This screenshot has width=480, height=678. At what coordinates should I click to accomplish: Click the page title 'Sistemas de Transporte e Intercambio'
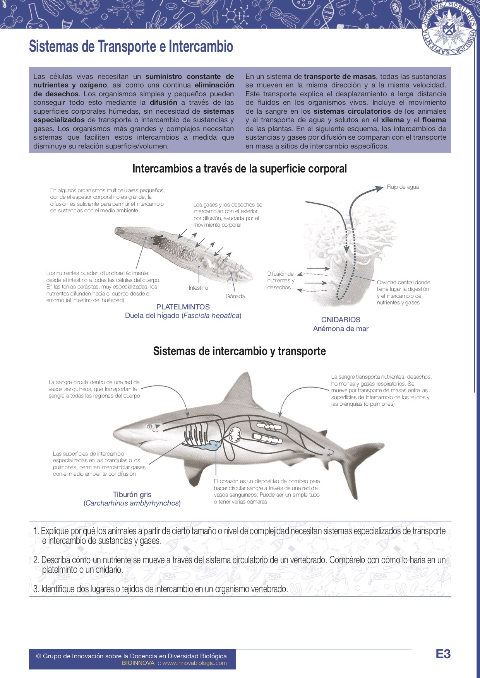point(131,46)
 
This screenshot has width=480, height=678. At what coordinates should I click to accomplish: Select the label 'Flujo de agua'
point(403,187)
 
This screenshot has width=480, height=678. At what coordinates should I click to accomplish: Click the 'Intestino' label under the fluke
point(198,288)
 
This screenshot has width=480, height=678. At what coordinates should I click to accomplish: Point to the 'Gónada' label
point(235,296)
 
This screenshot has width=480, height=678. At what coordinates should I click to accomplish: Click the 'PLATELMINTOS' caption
point(183,307)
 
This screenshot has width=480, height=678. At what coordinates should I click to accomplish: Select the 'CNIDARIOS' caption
point(341,319)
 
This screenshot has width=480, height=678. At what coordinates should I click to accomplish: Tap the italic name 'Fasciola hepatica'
point(211,316)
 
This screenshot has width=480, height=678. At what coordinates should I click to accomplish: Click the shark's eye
point(149,427)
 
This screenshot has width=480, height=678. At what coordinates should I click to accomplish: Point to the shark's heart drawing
point(236,435)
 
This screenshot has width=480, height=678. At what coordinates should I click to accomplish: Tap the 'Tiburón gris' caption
point(132,494)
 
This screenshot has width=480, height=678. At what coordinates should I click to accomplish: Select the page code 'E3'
point(443,654)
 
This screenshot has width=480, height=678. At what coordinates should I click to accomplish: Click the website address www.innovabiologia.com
point(194,663)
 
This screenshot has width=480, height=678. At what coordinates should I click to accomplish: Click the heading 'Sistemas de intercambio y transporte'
point(239,351)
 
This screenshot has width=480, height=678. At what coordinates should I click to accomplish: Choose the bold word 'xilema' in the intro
point(393,120)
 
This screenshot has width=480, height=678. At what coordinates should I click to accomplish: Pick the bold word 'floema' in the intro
point(434,120)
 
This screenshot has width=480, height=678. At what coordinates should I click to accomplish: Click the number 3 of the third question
point(36,589)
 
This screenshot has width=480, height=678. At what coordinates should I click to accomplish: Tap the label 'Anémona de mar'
point(341,329)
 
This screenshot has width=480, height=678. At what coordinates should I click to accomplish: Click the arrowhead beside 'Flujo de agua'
point(379,188)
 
